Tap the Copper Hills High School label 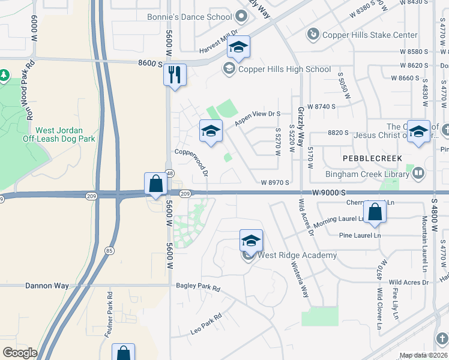pyautogui.click(x=284, y=69)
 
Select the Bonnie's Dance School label pyautogui.click(x=189, y=17)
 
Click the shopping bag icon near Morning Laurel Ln pyautogui.click(x=375, y=212)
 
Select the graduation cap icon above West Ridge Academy pyautogui.click(x=251, y=241)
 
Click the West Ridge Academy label pyautogui.click(x=297, y=256)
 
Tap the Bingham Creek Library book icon pyautogui.click(x=418, y=174)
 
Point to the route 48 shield pyautogui.click(x=170, y=173)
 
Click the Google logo pyautogui.click(x=20, y=353)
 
